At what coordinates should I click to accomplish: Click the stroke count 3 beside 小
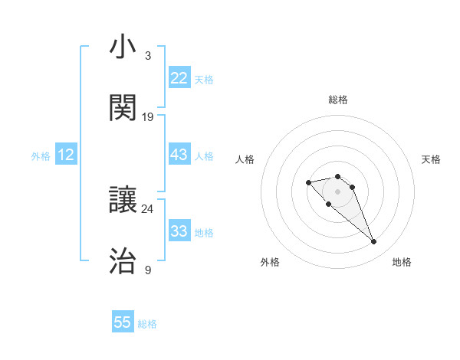click(x=147, y=56)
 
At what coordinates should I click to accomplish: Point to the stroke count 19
click(x=148, y=116)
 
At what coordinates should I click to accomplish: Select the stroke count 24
click(x=147, y=209)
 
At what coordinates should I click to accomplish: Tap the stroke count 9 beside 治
click(x=147, y=270)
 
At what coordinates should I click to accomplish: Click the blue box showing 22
click(x=179, y=78)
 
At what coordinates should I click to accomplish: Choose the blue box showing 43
click(x=179, y=155)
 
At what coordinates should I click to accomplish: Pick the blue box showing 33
click(x=179, y=231)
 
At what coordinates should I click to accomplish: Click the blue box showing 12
click(x=66, y=155)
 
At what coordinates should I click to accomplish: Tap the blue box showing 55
click(x=123, y=322)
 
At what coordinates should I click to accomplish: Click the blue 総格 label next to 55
click(x=147, y=324)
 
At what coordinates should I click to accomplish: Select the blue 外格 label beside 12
click(x=41, y=156)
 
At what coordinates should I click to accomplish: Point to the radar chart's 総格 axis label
click(x=338, y=100)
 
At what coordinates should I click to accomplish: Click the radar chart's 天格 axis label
click(x=432, y=159)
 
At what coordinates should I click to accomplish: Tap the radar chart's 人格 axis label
click(x=245, y=159)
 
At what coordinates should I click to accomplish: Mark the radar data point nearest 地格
click(x=373, y=242)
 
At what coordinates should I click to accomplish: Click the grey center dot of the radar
click(x=337, y=191)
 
